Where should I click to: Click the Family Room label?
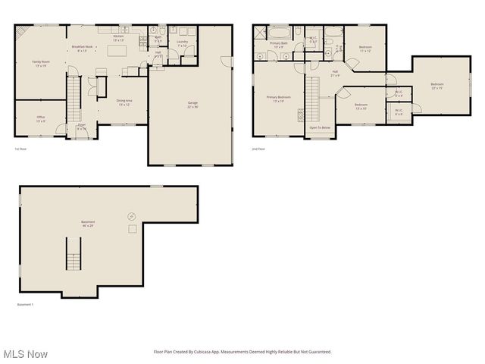(41, 63)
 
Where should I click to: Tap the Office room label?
(40, 118)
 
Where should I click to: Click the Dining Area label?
(124, 102)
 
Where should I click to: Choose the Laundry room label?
(182, 43)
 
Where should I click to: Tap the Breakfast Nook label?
(82, 49)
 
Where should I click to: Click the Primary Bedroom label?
(278, 99)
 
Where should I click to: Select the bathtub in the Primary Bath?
(278, 34)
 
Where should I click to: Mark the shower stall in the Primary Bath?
(260, 33)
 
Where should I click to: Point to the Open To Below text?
(320, 127)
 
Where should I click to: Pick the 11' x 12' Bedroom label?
(365, 49)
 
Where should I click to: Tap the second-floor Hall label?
(334, 74)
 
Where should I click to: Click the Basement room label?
(89, 224)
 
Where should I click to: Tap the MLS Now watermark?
(25, 353)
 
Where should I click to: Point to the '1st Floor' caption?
(20, 149)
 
